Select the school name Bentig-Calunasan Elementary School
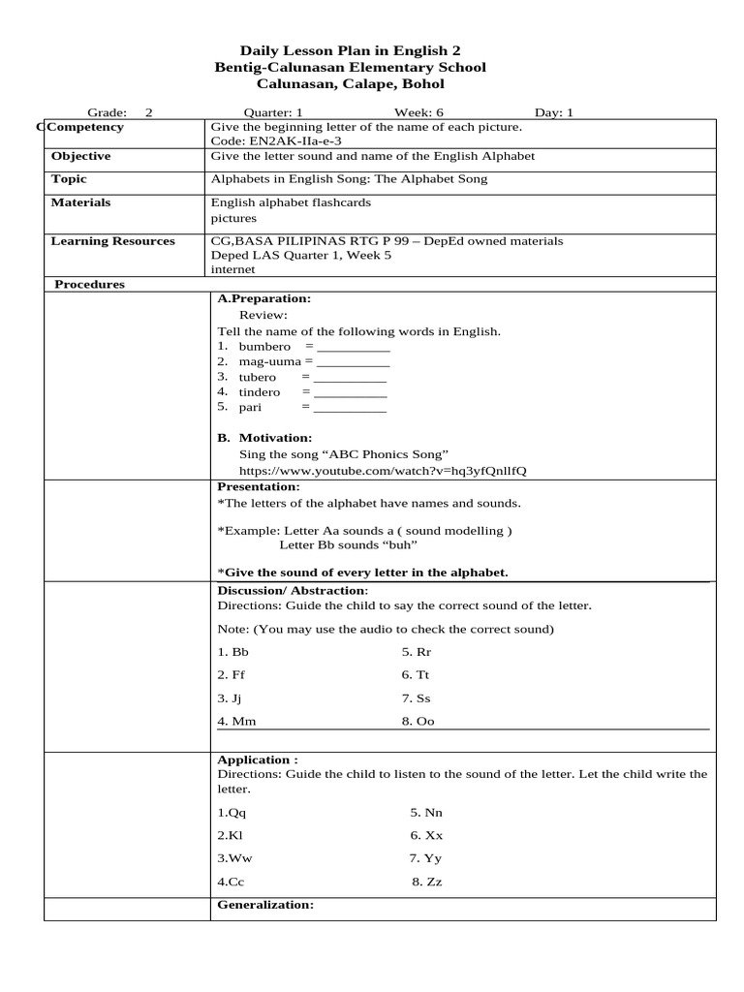click(350, 67)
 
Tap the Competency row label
click(86, 127)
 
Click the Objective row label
click(80, 156)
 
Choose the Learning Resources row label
click(112, 241)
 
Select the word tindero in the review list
click(260, 392)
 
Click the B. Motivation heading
click(264, 438)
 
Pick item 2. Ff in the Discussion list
click(232, 674)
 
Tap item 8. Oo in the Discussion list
click(418, 721)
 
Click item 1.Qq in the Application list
click(232, 813)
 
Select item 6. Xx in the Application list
click(426, 835)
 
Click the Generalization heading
click(265, 904)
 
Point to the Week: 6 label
click(418, 112)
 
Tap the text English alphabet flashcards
click(291, 202)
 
